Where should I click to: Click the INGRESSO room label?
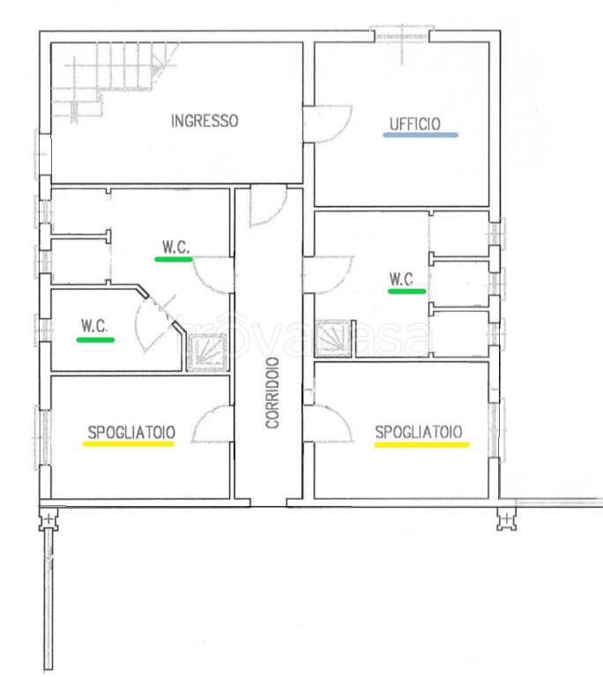point(205,121)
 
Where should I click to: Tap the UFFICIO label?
point(415,124)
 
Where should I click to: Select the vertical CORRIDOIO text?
point(272,393)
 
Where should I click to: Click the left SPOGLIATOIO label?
point(131,432)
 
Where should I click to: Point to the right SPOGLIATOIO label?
point(419,432)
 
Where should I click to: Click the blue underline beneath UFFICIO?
point(421,135)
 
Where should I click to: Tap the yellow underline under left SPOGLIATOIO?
point(129,443)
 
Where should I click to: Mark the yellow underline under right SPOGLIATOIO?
point(421,444)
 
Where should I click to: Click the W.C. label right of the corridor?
point(401,279)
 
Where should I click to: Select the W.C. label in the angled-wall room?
point(94,325)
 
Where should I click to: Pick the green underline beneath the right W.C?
point(407,292)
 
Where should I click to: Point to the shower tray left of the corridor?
point(207,353)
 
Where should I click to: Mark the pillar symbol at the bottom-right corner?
point(507,519)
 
